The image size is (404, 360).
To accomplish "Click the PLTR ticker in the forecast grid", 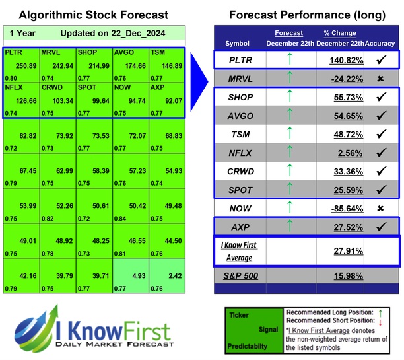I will pyautogui.click(x=13, y=52).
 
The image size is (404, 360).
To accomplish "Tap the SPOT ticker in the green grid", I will pyautogui.click(x=86, y=86).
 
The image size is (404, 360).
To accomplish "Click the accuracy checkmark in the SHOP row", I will pyautogui.click(x=381, y=97).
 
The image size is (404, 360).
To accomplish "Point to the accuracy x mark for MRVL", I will pyautogui.click(x=381, y=79).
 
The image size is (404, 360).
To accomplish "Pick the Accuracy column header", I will pyautogui.click(x=380, y=44).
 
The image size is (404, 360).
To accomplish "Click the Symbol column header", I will pyautogui.click(x=238, y=44).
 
